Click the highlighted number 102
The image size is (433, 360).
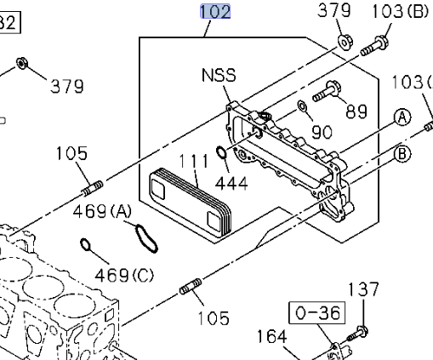point(215,11)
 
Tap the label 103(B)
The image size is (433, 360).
point(401,11)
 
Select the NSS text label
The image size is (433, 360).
point(219,76)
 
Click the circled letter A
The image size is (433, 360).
point(401,118)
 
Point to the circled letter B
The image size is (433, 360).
point(401,153)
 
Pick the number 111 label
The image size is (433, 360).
point(193,161)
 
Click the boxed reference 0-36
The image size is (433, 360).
point(317,313)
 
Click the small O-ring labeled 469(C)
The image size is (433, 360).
point(87,246)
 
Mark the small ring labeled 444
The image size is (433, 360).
point(220,154)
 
